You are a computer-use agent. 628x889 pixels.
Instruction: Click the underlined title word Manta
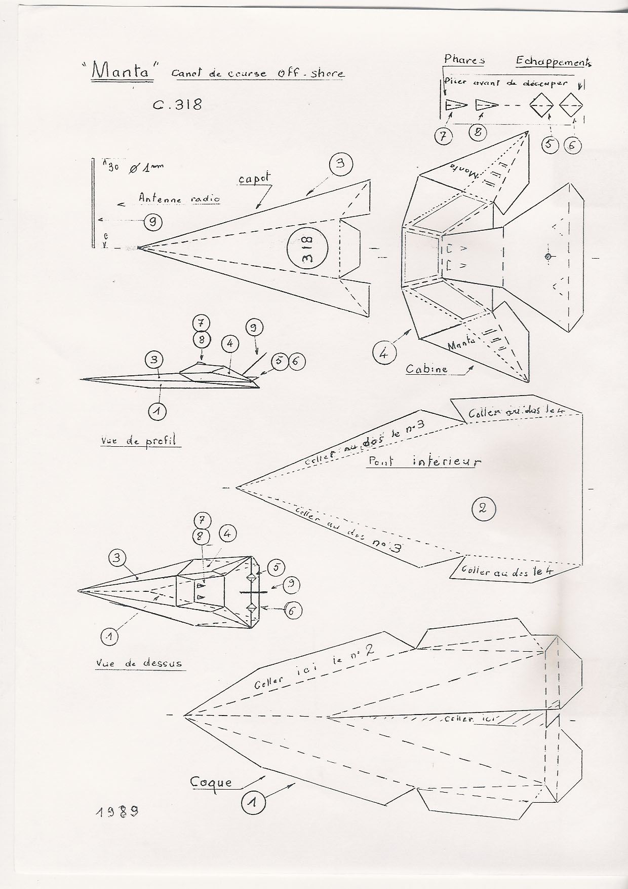point(122,72)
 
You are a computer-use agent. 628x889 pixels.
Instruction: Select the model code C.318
point(177,104)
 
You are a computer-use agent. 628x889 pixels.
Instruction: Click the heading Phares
point(464,60)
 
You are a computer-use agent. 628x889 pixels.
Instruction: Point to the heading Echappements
point(553,61)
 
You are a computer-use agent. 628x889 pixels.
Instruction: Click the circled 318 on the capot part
point(307,248)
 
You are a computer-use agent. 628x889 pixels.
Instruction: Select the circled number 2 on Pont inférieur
point(482,508)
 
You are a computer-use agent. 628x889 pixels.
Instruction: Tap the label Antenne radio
point(179,199)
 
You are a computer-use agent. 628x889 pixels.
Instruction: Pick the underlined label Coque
point(211,782)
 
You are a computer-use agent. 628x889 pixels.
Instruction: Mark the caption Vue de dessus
point(138,663)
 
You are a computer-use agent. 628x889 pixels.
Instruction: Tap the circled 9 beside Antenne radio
point(152,221)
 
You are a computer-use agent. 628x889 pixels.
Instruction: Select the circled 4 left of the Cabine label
point(383,353)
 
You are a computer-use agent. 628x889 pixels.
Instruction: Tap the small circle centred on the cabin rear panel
point(548,257)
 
